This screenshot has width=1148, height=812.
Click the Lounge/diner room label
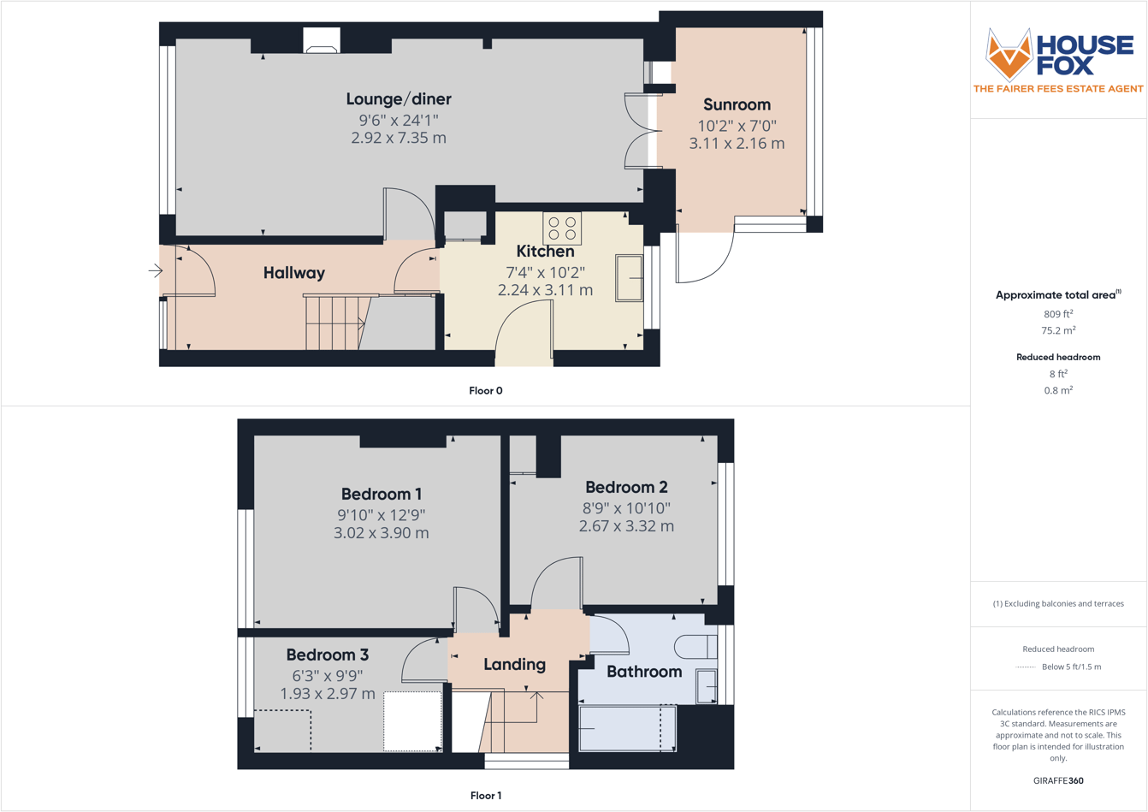pos(399,99)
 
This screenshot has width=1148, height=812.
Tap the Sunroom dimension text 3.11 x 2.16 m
pos(737,144)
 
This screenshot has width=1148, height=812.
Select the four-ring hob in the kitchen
pos(562,228)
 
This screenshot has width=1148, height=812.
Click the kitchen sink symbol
pos(630,277)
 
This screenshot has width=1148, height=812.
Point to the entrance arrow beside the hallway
pos(155,271)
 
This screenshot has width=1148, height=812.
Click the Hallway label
pos(293,273)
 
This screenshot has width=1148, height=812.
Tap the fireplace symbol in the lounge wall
pos(322,42)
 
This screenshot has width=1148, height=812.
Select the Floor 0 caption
pos(485,391)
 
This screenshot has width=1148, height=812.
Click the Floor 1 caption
pos(485,796)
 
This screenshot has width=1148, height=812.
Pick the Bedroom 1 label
pos(381,494)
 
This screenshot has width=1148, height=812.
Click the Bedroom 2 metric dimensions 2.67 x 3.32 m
pos(626,526)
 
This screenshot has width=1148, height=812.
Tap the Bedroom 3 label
pos(327,655)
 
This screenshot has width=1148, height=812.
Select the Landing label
pos(514,664)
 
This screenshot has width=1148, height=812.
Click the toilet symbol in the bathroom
pos(695,647)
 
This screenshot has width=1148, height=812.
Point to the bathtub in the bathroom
pos(626,728)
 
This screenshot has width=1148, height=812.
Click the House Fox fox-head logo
pos(1009,54)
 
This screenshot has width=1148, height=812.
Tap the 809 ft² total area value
pos(1058,314)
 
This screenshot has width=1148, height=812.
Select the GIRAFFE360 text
pos(1058,780)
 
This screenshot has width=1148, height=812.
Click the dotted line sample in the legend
pos(1025,667)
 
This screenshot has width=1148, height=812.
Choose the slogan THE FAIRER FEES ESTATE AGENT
pos(1058,89)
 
